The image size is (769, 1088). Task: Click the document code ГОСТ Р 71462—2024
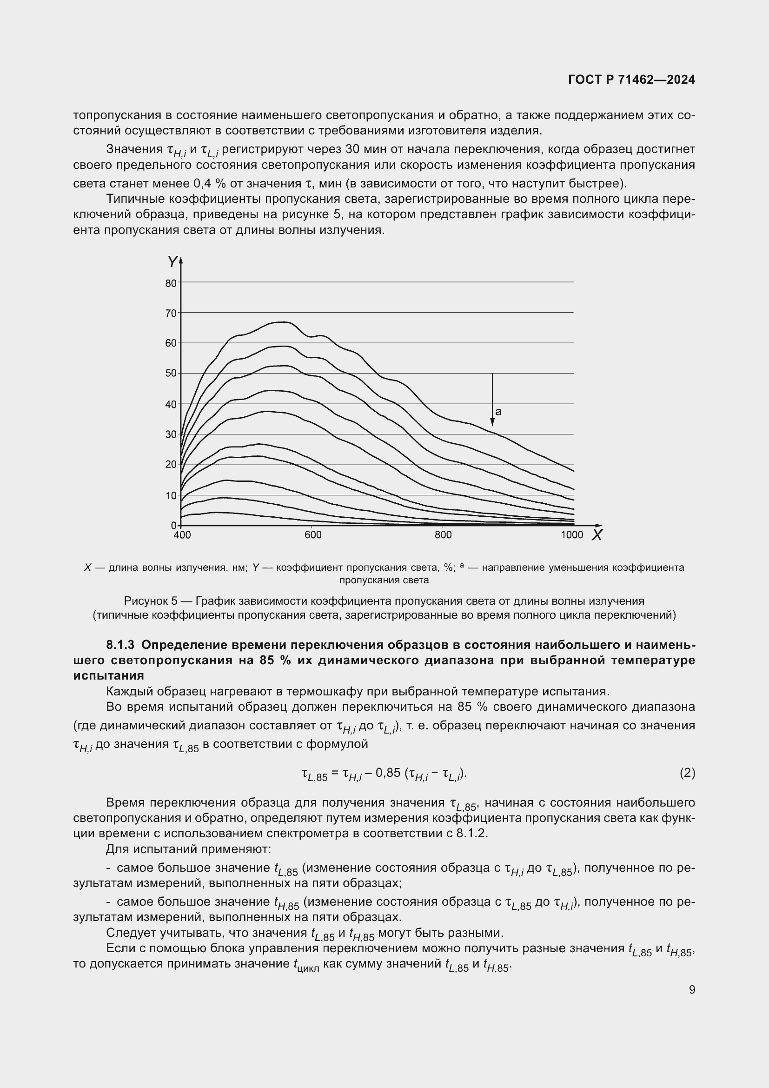pos(631,80)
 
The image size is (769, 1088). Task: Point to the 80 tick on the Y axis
pos(171,283)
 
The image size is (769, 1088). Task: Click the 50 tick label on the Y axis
pos(171,374)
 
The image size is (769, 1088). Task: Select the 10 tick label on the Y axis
pos(171,496)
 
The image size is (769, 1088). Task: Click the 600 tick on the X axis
pos(312,535)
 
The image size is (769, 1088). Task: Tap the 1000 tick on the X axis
pos(572,535)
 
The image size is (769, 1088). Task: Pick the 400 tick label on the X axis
pos(182,535)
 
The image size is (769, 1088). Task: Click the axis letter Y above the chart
pos(172,261)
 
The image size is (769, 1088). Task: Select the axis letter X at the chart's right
pos(597,535)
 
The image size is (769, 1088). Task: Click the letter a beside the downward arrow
pos(498,412)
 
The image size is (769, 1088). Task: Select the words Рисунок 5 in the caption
pos(151,601)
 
